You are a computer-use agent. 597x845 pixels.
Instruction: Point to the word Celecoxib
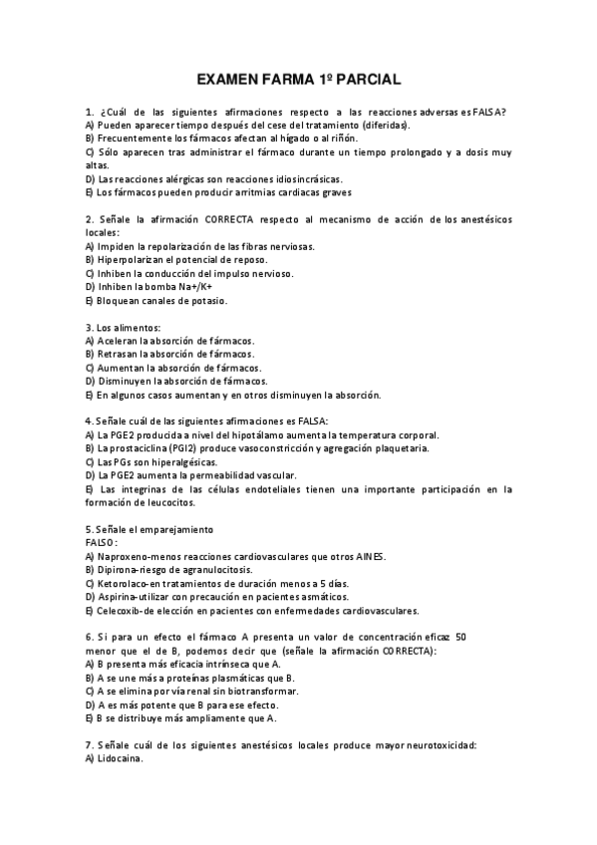pos(119,611)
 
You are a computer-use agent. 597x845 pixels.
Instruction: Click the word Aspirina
pos(116,597)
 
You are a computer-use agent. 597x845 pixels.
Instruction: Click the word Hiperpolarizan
pos(128,259)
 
